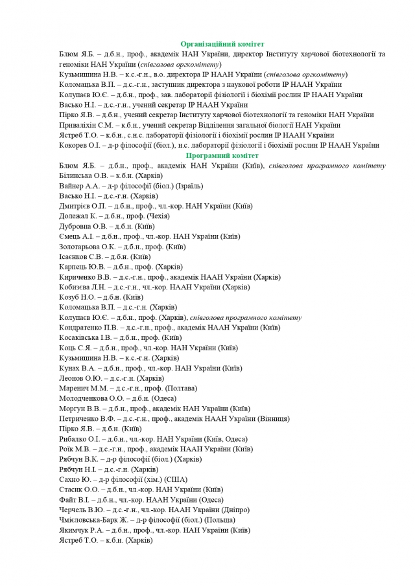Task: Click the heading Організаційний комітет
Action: pos(222,43)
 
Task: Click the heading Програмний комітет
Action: pos(222,155)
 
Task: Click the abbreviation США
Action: pos(176,479)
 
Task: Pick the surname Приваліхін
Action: pos(78,125)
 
